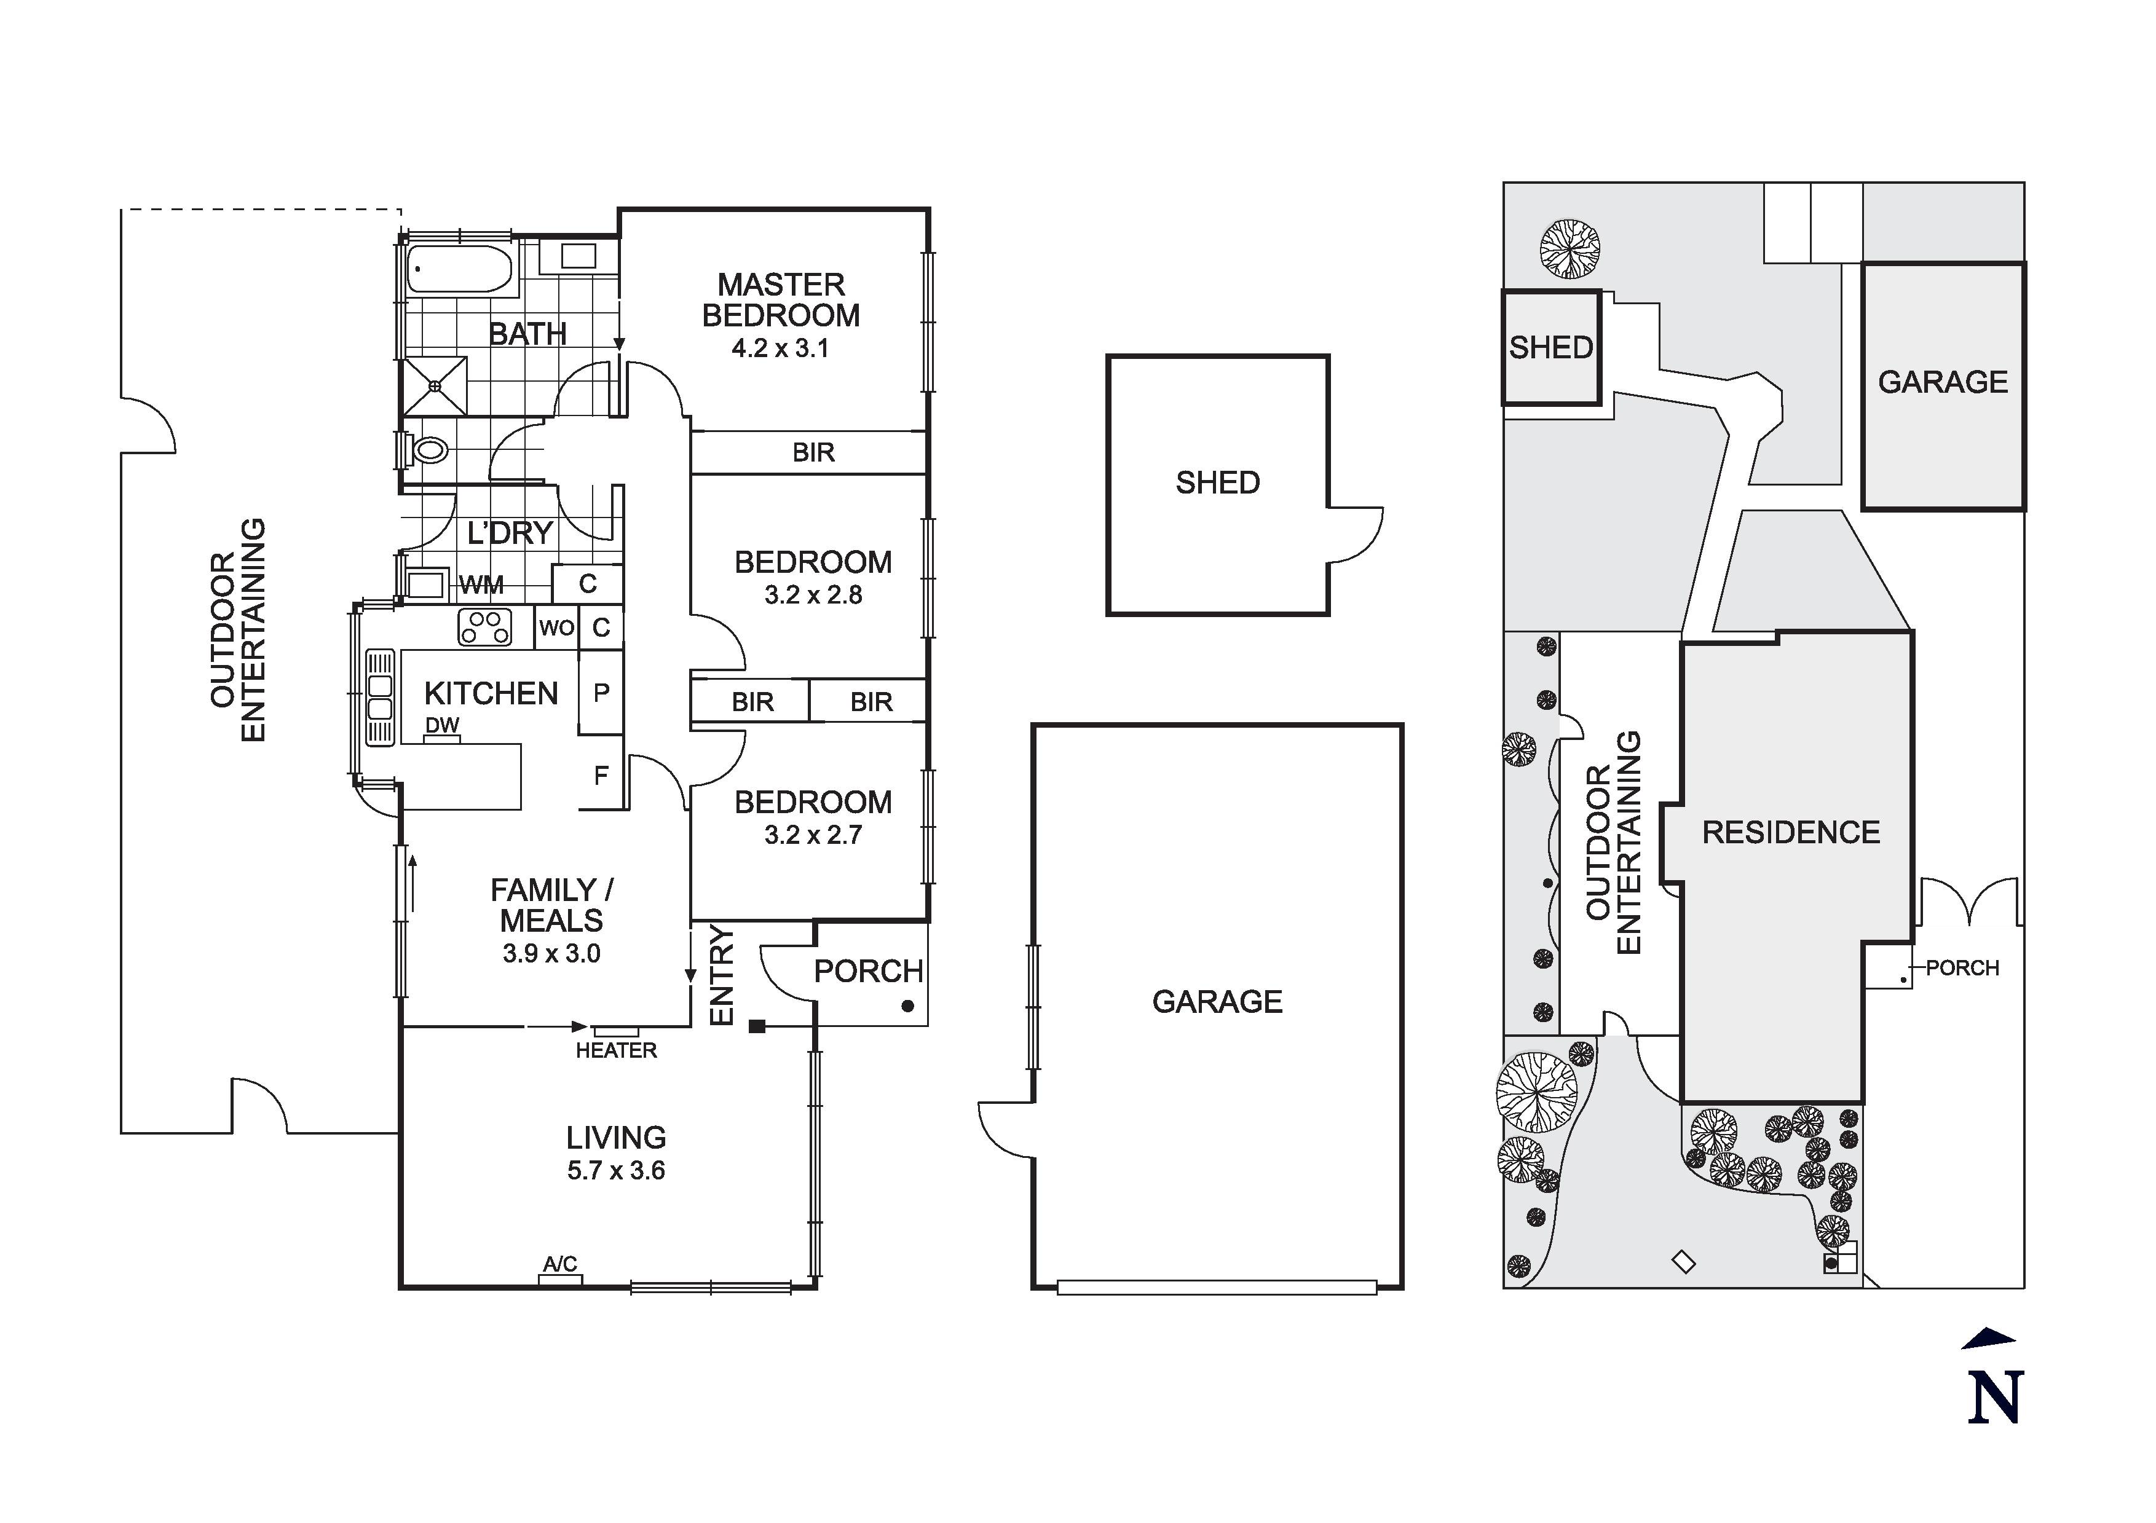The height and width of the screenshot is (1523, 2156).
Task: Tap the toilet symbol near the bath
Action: pos(428,451)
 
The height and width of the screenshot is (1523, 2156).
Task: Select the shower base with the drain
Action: pos(435,385)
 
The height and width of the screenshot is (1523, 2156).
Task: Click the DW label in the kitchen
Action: pos(442,725)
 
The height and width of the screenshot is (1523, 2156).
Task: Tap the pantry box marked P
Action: pos(601,693)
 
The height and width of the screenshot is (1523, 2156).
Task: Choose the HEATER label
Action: pos(616,1050)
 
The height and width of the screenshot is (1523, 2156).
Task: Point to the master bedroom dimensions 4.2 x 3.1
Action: pos(780,348)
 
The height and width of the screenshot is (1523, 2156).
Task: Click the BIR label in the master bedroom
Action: pos(813,452)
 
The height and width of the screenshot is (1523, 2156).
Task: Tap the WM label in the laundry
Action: pos(482,586)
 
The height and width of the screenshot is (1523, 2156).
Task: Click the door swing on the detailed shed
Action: pos(1355,535)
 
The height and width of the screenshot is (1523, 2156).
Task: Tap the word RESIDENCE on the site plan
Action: pos(1791,832)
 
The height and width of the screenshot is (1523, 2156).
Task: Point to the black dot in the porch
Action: pos(907,1005)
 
